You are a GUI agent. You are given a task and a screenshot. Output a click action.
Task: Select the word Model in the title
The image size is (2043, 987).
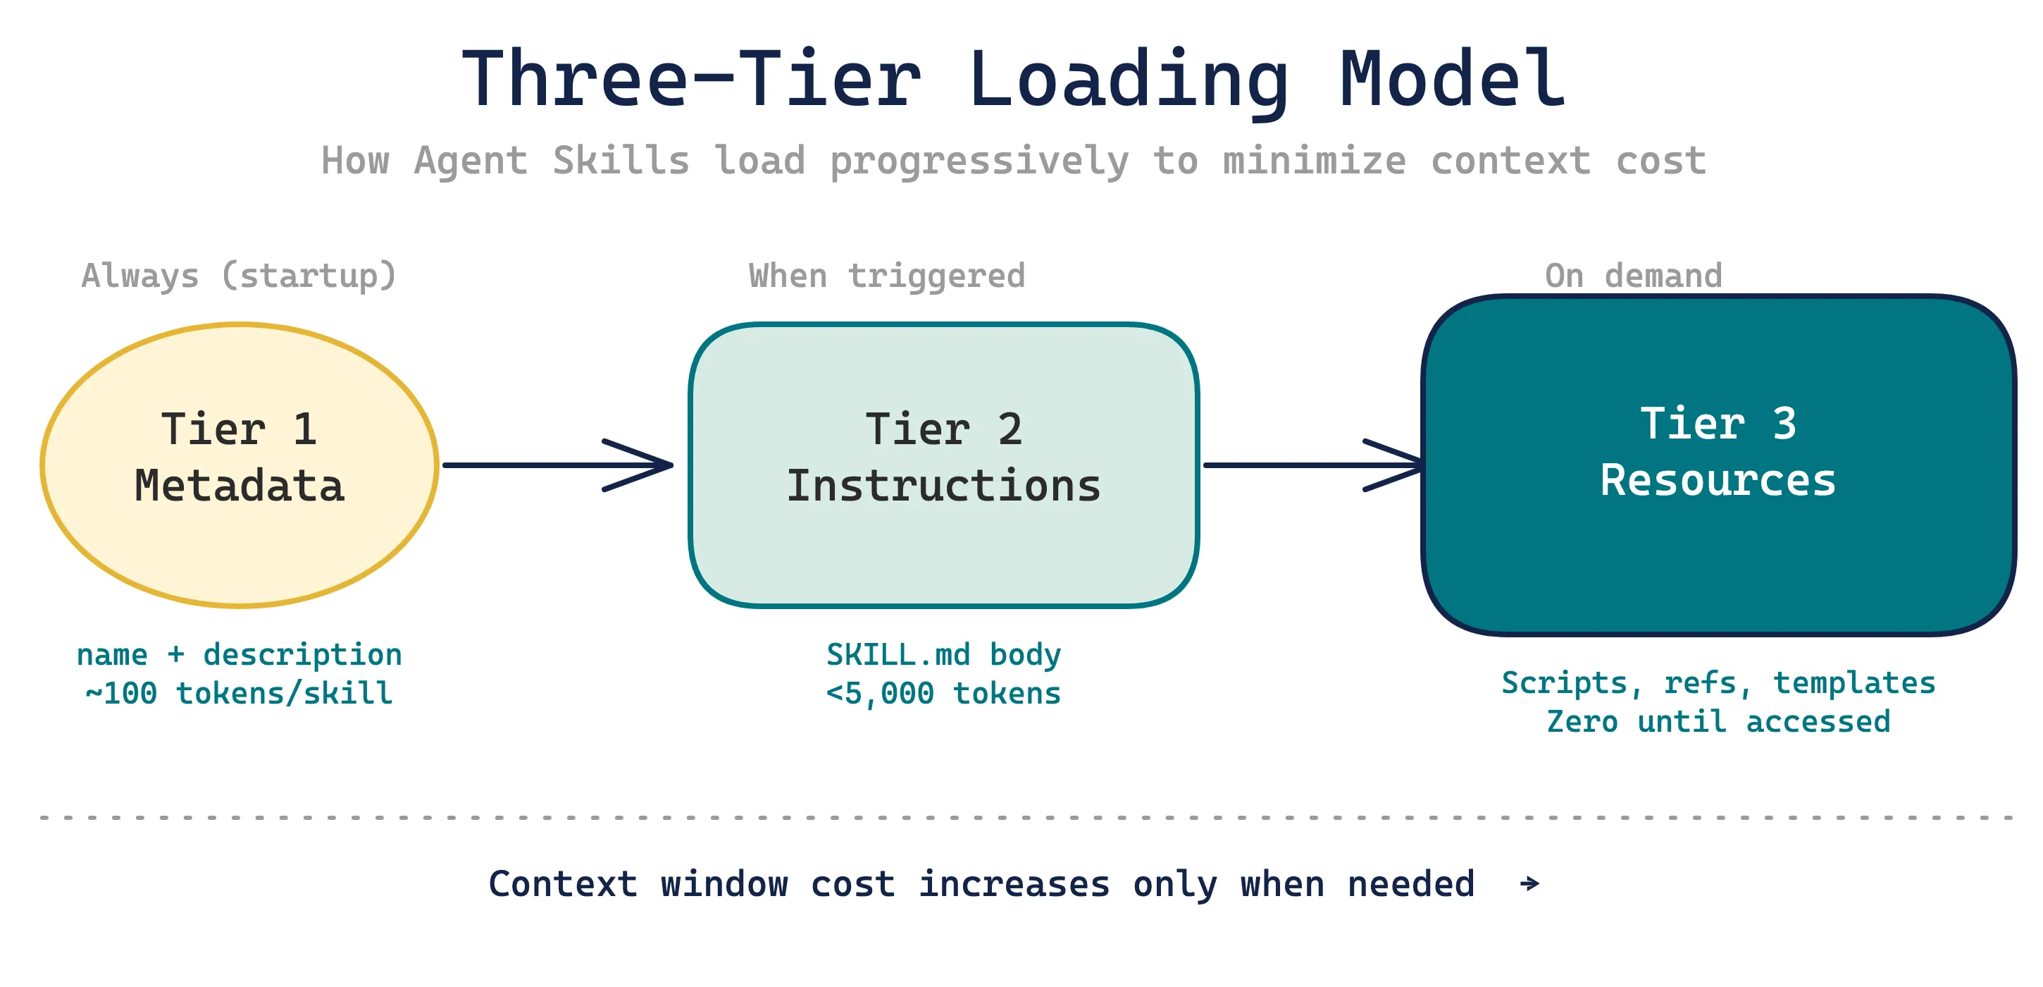click(1452, 80)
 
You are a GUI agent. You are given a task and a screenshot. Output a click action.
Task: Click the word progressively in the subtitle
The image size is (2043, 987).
click(979, 162)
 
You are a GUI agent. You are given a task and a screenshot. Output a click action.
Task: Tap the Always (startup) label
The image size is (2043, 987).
click(239, 276)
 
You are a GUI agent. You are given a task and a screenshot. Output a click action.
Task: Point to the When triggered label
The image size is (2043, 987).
click(887, 276)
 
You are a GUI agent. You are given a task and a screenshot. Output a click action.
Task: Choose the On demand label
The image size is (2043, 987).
click(1633, 276)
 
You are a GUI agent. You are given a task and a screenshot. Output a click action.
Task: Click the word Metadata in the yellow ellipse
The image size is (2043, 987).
click(240, 486)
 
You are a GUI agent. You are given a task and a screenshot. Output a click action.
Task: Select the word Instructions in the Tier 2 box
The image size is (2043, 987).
click(943, 486)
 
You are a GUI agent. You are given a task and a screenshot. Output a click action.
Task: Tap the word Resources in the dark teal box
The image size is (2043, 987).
click(1718, 481)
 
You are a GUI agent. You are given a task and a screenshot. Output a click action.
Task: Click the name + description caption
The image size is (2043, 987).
click(239, 654)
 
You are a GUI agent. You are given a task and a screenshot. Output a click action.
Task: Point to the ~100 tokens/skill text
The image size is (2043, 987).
click(239, 694)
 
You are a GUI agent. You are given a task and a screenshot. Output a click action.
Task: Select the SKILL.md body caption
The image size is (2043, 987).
click(943, 654)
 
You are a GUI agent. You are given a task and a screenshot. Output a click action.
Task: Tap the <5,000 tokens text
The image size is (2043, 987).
click(943, 694)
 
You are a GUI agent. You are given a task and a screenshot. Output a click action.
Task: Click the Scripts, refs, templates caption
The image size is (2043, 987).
click(1718, 682)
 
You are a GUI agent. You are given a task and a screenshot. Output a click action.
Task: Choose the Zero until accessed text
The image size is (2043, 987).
click(1718, 721)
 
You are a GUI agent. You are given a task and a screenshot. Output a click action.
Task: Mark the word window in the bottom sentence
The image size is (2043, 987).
click(724, 884)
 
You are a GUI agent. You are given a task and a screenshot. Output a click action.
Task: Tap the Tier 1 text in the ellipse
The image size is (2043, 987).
click(240, 429)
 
